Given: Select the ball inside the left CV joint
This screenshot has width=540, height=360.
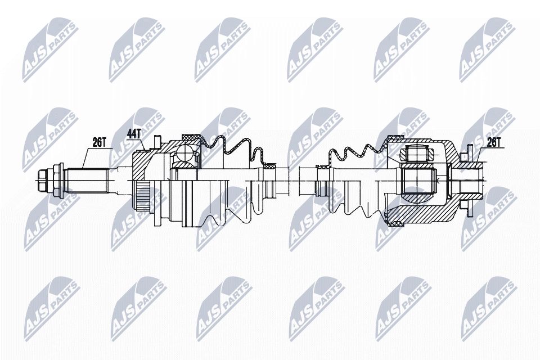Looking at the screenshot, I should [x=183, y=152].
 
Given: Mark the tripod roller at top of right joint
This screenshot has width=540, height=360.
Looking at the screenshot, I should [x=416, y=152].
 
